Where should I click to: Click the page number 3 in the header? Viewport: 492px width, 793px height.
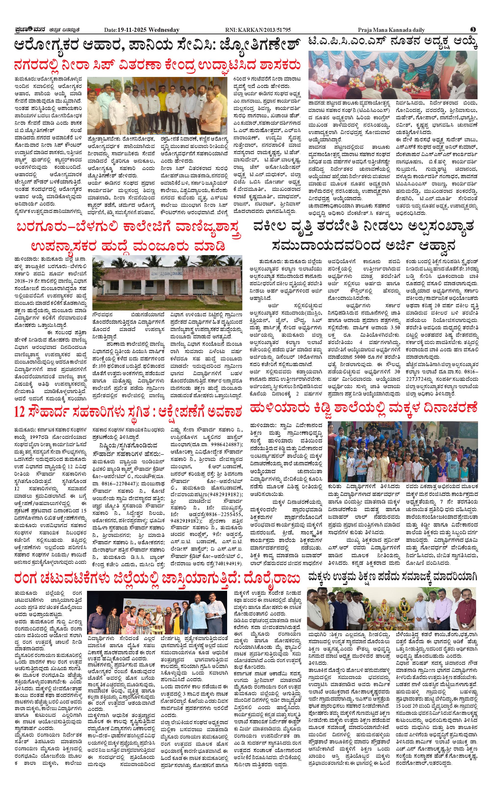(x=473, y=30)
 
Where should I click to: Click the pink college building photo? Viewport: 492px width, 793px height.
(x=167, y=283)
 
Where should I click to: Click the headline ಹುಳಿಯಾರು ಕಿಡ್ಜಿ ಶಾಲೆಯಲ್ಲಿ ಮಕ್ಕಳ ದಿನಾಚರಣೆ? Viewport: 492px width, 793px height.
(x=363, y=407)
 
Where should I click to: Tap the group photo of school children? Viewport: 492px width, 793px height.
(x=403, y=451)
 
